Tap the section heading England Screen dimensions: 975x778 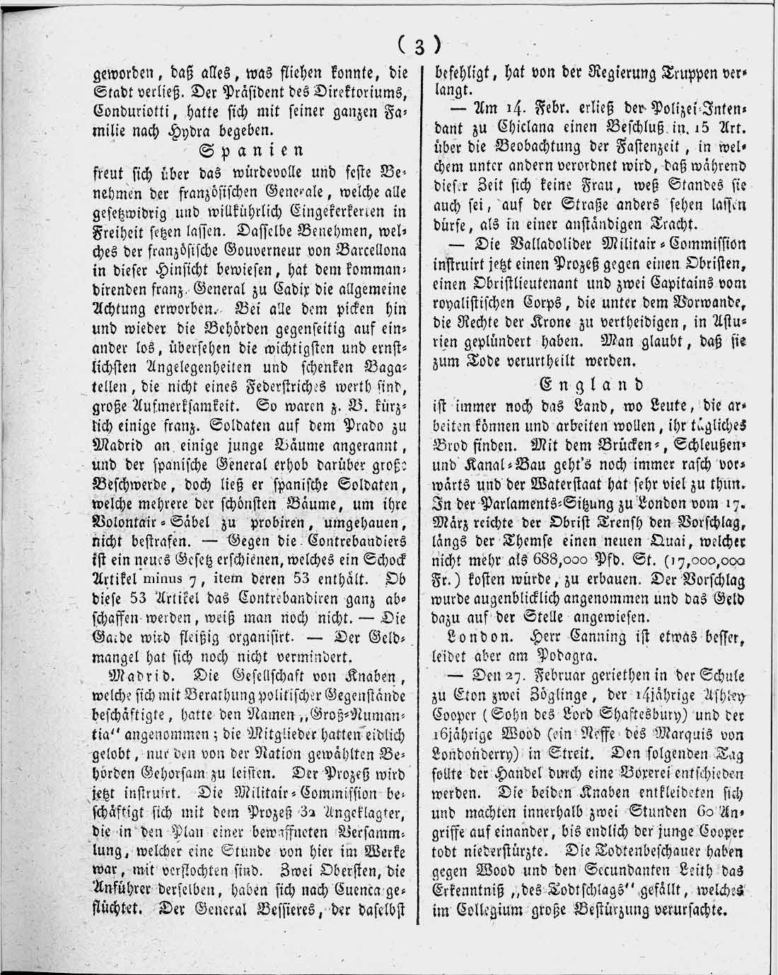coord(591,384)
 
